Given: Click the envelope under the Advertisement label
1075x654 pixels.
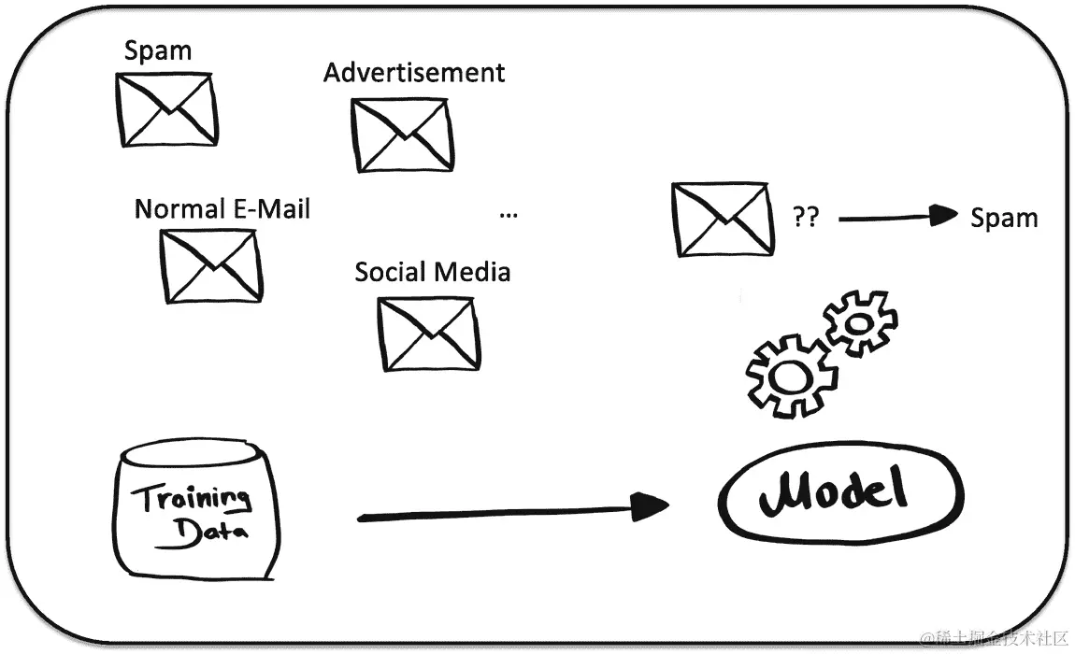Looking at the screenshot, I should (x=402, y=135).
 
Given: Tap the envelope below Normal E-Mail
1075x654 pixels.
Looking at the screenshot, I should (x=210, y=265).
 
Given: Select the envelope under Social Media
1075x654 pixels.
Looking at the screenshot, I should (x=428, y=333).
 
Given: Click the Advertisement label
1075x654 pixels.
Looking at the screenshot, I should (x=414, y=73).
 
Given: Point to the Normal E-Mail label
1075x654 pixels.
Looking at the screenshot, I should (x=222, y=208).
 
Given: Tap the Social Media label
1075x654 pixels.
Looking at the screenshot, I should (x=432, y=272).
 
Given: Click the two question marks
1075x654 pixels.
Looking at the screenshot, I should (x=805, y=219).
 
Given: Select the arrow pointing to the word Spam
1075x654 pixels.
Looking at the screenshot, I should (x=898, y=218).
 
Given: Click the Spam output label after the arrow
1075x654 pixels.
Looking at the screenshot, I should (x=1004, y=219).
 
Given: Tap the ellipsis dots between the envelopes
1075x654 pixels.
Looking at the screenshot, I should (x=509, y=215).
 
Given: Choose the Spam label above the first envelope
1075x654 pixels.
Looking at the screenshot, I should (x=158, y=51).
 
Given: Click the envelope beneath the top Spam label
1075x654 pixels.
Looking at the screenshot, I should (x=166, y=109).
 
